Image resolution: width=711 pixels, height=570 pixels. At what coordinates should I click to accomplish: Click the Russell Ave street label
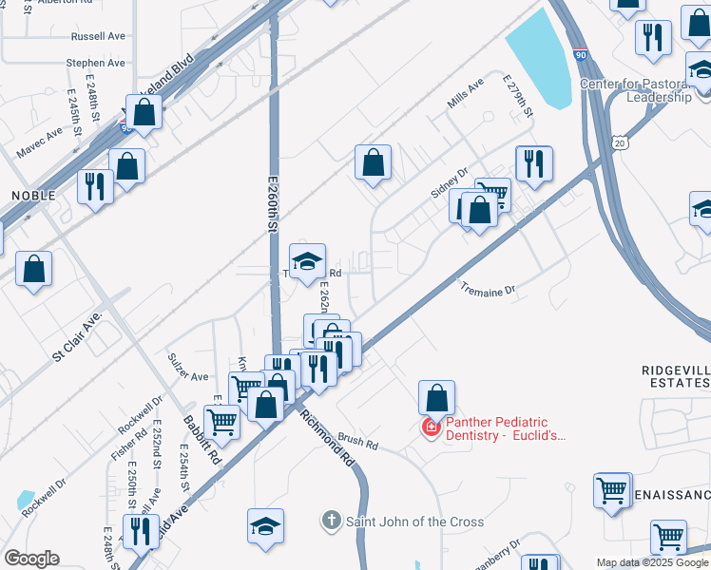[98, 36]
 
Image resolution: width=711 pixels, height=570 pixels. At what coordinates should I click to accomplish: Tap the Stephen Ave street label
[95, 63]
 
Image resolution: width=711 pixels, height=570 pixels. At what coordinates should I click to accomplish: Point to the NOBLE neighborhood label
[33, 195]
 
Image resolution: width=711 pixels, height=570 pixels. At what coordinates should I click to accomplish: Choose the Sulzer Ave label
[187, 376]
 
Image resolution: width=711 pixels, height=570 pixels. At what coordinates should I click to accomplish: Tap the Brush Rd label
[358, 444]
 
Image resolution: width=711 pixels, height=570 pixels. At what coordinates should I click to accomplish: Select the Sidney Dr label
[450, 182]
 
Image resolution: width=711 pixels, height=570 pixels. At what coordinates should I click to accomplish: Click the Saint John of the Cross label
[414, 522]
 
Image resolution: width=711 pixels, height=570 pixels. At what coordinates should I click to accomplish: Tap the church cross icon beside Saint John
[331, 521]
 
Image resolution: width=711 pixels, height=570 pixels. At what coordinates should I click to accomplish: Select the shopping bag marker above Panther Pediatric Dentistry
[436, 397]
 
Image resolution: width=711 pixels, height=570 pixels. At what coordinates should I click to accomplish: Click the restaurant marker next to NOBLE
[95, 184]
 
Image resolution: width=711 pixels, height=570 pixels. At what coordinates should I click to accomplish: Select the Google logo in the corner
[31, 559]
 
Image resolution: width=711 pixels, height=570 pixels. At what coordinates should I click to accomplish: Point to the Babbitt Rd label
[202, 439]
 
